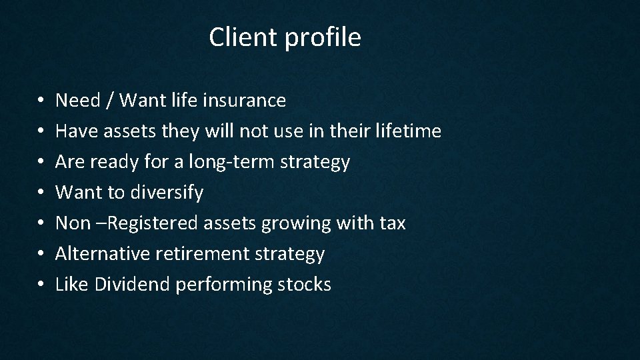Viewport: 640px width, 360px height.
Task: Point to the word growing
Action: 289,224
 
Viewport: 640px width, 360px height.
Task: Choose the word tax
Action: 391,223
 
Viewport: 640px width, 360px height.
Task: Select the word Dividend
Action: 132,285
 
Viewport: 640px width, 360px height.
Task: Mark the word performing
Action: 223,285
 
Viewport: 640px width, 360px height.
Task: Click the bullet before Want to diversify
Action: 41,193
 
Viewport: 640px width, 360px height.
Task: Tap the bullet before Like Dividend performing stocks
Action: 41,285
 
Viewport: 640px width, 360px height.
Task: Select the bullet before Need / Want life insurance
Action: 41,101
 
